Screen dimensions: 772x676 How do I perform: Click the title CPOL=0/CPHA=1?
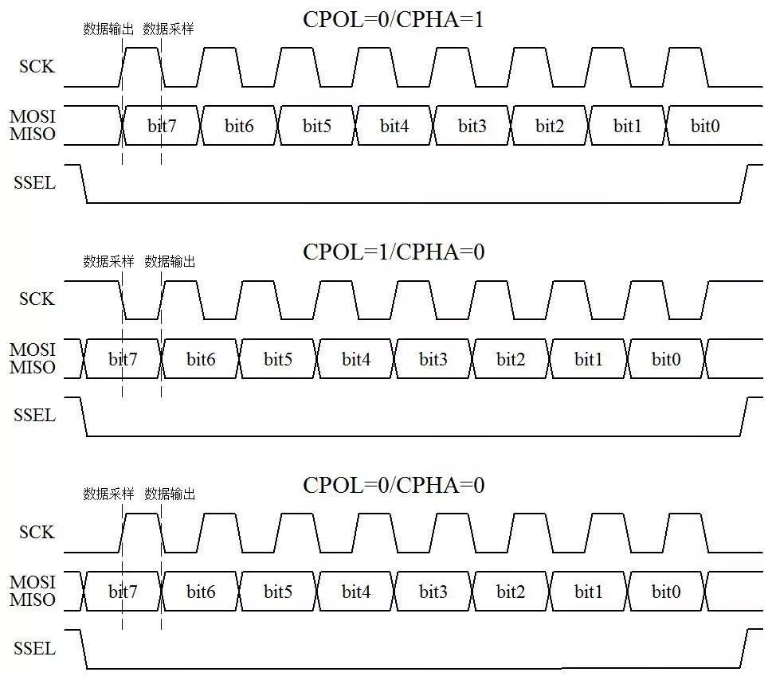393,20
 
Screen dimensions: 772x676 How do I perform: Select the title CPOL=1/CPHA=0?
394,252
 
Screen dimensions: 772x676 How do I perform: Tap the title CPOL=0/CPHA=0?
394,485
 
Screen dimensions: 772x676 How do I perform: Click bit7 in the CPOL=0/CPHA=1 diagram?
162,126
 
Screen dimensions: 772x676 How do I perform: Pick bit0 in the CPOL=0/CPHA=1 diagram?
705,126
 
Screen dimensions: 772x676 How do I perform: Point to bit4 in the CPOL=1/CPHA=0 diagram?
356,359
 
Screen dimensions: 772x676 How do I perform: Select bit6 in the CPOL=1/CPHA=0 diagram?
201,359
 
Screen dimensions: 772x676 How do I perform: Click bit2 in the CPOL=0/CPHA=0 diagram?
511,592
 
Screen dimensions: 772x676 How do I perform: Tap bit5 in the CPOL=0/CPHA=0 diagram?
278,592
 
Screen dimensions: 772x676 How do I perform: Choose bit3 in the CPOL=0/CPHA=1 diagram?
472,126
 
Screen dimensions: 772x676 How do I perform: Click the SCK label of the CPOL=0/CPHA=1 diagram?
37,66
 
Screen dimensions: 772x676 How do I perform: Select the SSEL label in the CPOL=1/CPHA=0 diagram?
34,416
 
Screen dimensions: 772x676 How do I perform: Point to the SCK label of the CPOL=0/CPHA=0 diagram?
37,532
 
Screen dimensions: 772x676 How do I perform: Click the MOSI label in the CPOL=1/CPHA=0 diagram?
33,350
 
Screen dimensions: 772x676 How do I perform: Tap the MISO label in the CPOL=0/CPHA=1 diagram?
33,134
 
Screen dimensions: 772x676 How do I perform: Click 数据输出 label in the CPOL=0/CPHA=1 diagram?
108,29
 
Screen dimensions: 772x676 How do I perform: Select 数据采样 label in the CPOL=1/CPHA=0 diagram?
108,261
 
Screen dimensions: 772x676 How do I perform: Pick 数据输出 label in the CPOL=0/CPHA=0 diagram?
170,494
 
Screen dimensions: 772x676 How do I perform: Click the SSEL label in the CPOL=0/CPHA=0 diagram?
34,648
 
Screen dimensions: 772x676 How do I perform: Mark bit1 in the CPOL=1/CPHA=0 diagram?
588,359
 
